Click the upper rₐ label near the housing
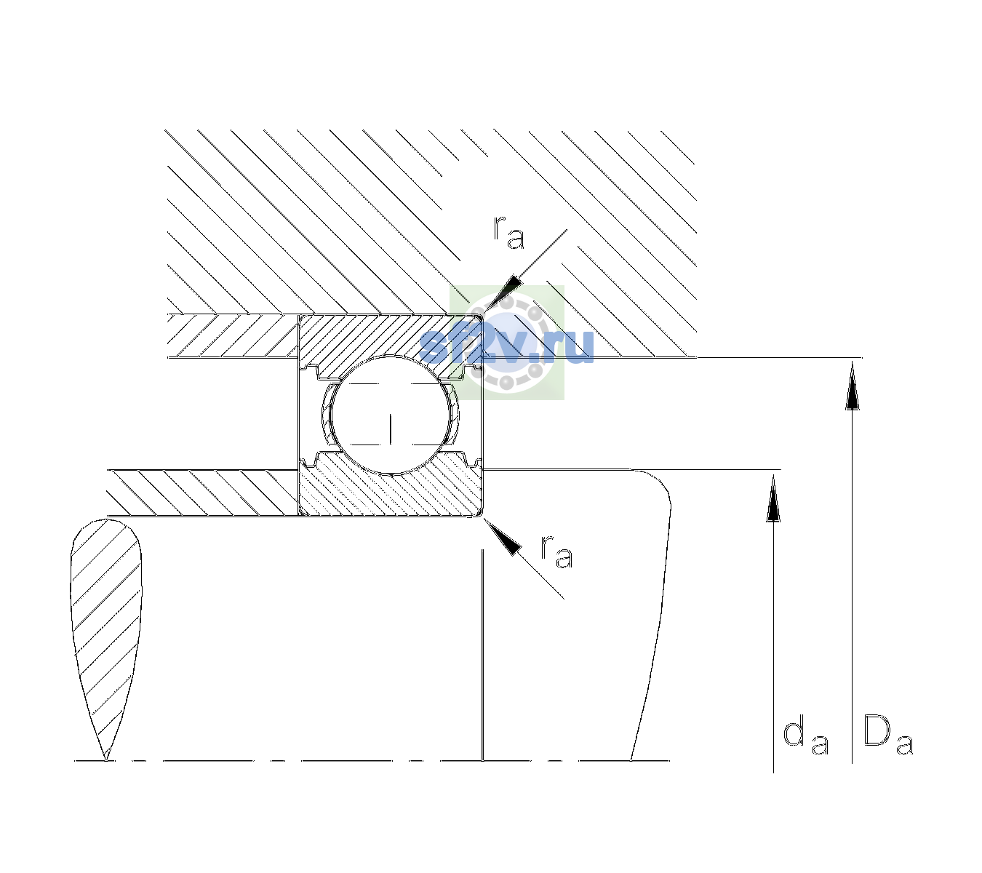(x=508, y=233)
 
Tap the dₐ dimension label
(x=805, y=738)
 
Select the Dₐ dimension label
(x=888, y=736)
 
